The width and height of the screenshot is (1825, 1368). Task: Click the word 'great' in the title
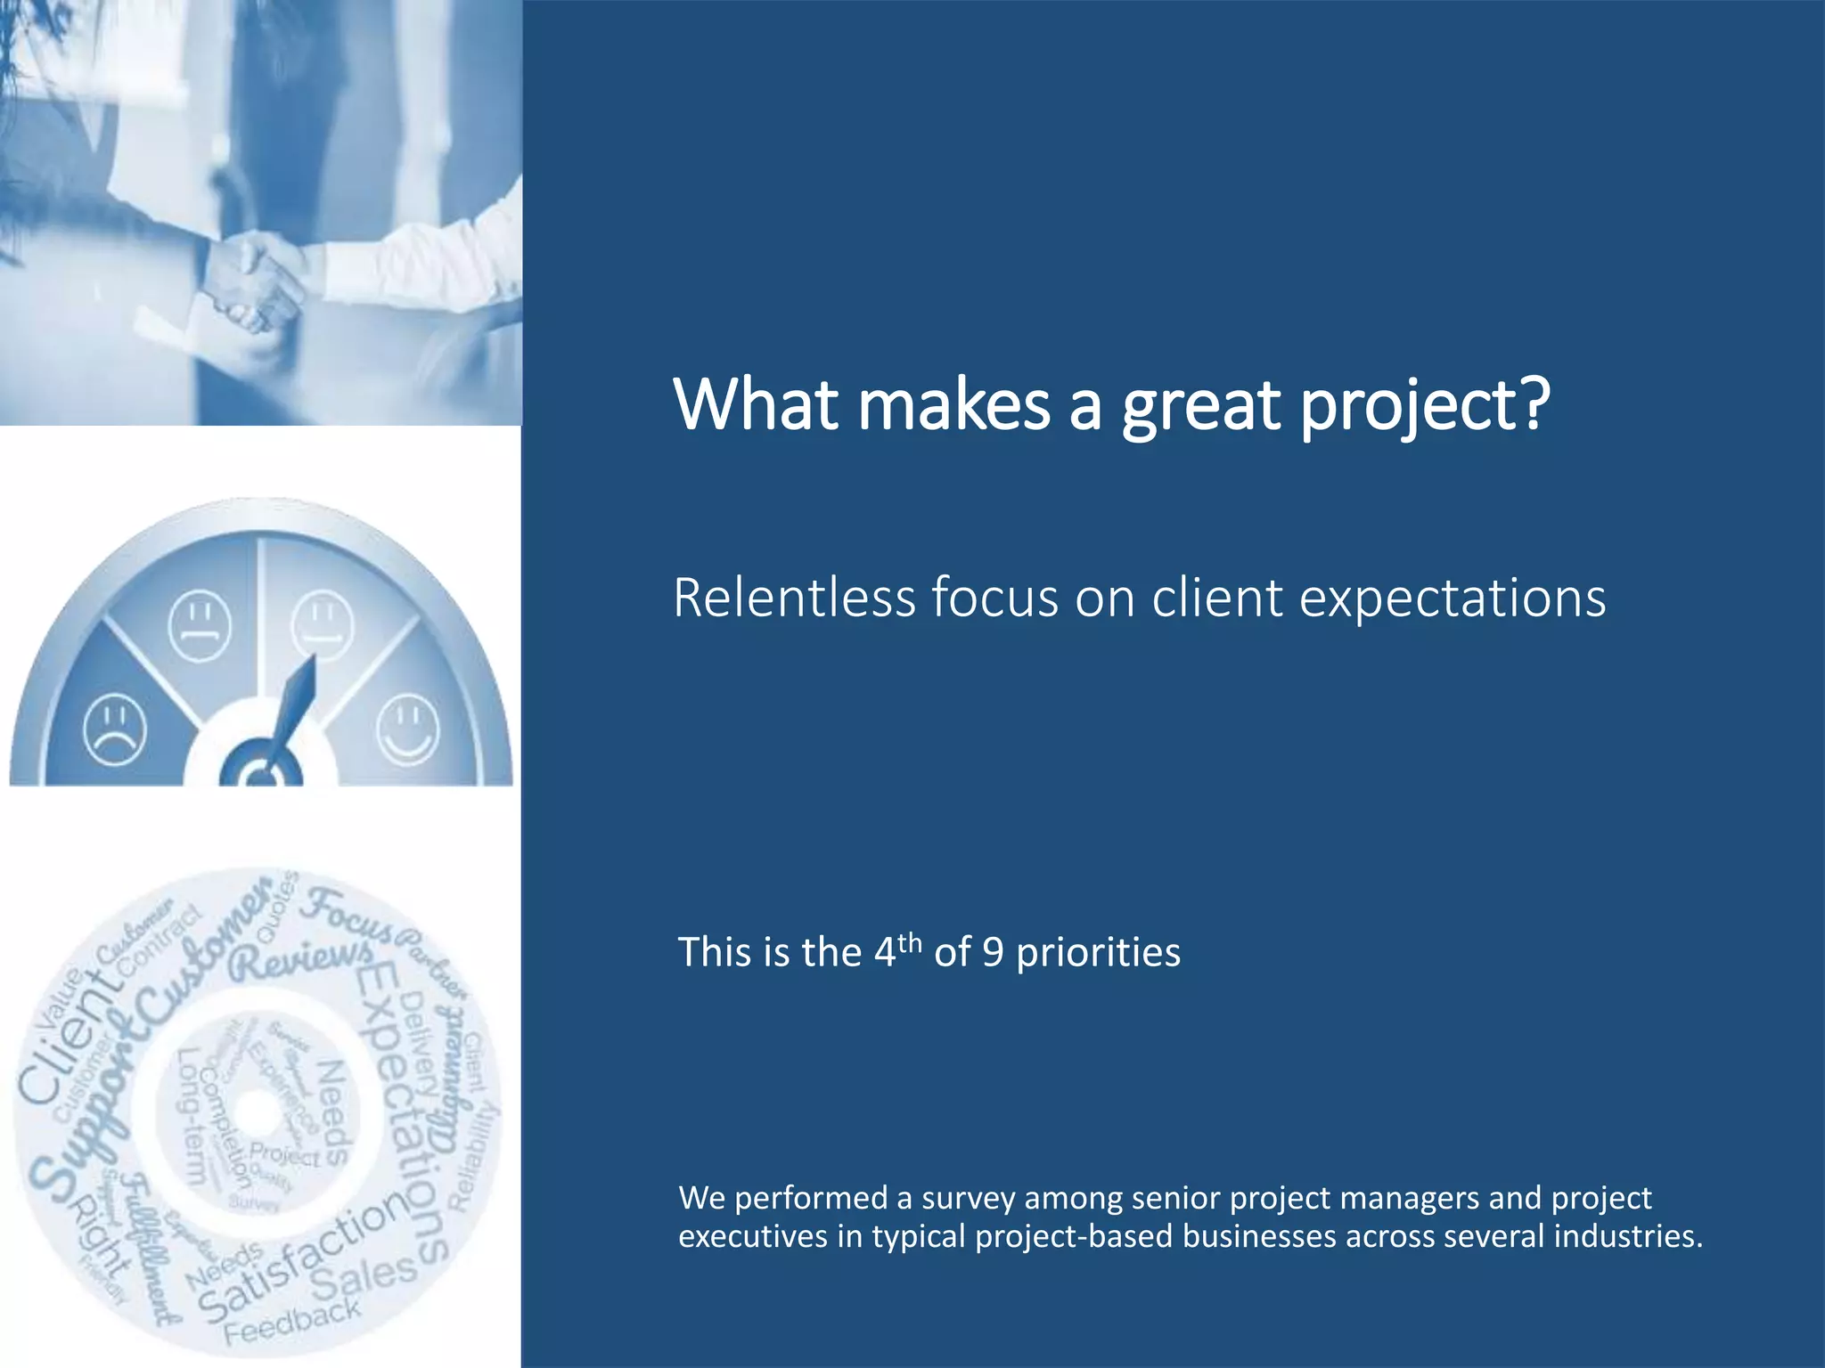[1199, 406]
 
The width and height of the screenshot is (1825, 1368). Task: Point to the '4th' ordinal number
[896, 950]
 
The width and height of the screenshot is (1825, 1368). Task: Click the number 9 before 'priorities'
[993, 953]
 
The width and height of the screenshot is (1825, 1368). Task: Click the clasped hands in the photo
[254, 281]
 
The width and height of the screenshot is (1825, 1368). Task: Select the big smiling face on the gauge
[408, 729]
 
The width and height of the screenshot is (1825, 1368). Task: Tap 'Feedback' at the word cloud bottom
[292, 1321]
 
